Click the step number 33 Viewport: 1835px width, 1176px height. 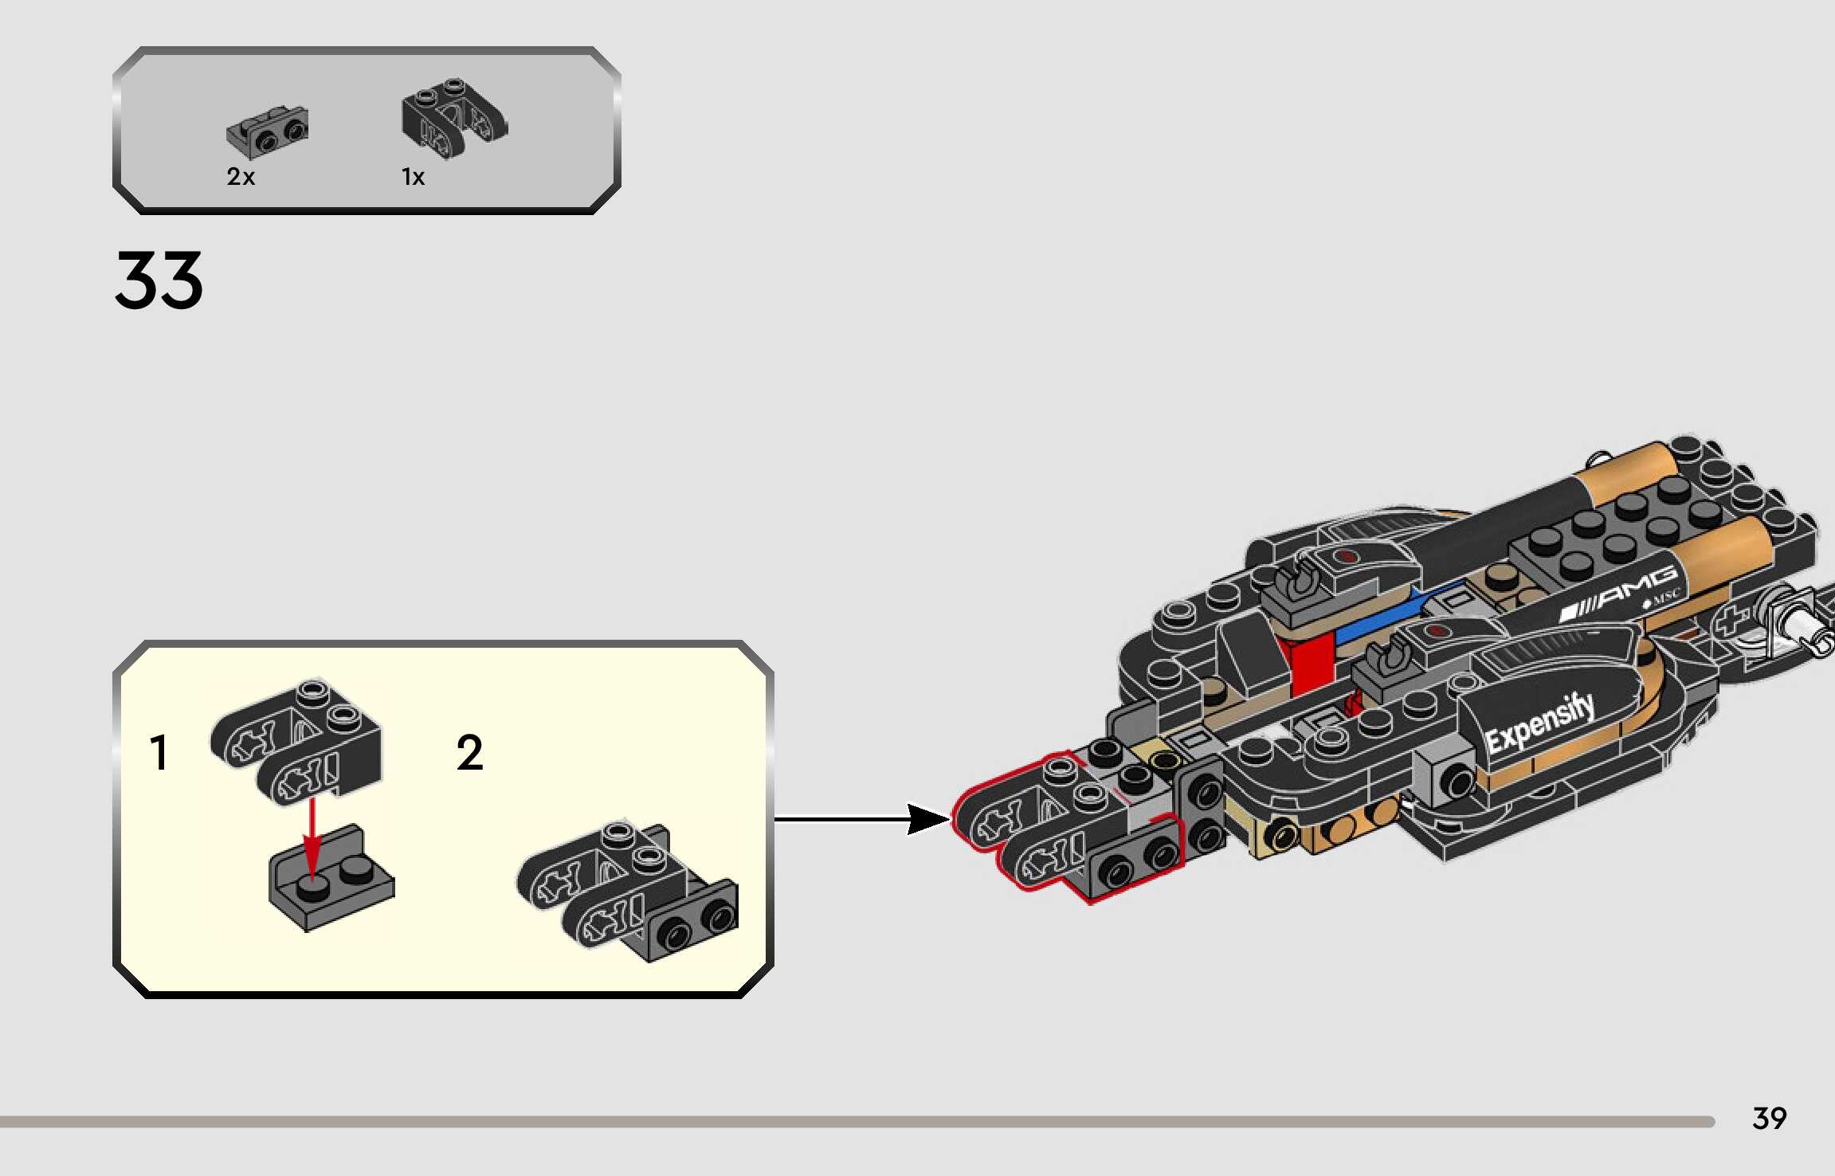click(x=159, y=280)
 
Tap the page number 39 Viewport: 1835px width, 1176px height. click(x=1769, y=1119)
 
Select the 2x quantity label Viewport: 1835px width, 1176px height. click(x=241, y=177)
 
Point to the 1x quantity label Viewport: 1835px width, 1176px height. click(x=413, y=177)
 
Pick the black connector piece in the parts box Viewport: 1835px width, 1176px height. click(x=453, y=118)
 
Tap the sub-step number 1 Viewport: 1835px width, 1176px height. click(x=159, y=753)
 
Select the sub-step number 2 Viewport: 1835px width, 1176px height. click(x=469, y=753)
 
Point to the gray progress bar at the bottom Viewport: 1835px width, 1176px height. click(x=857, y=1122)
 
